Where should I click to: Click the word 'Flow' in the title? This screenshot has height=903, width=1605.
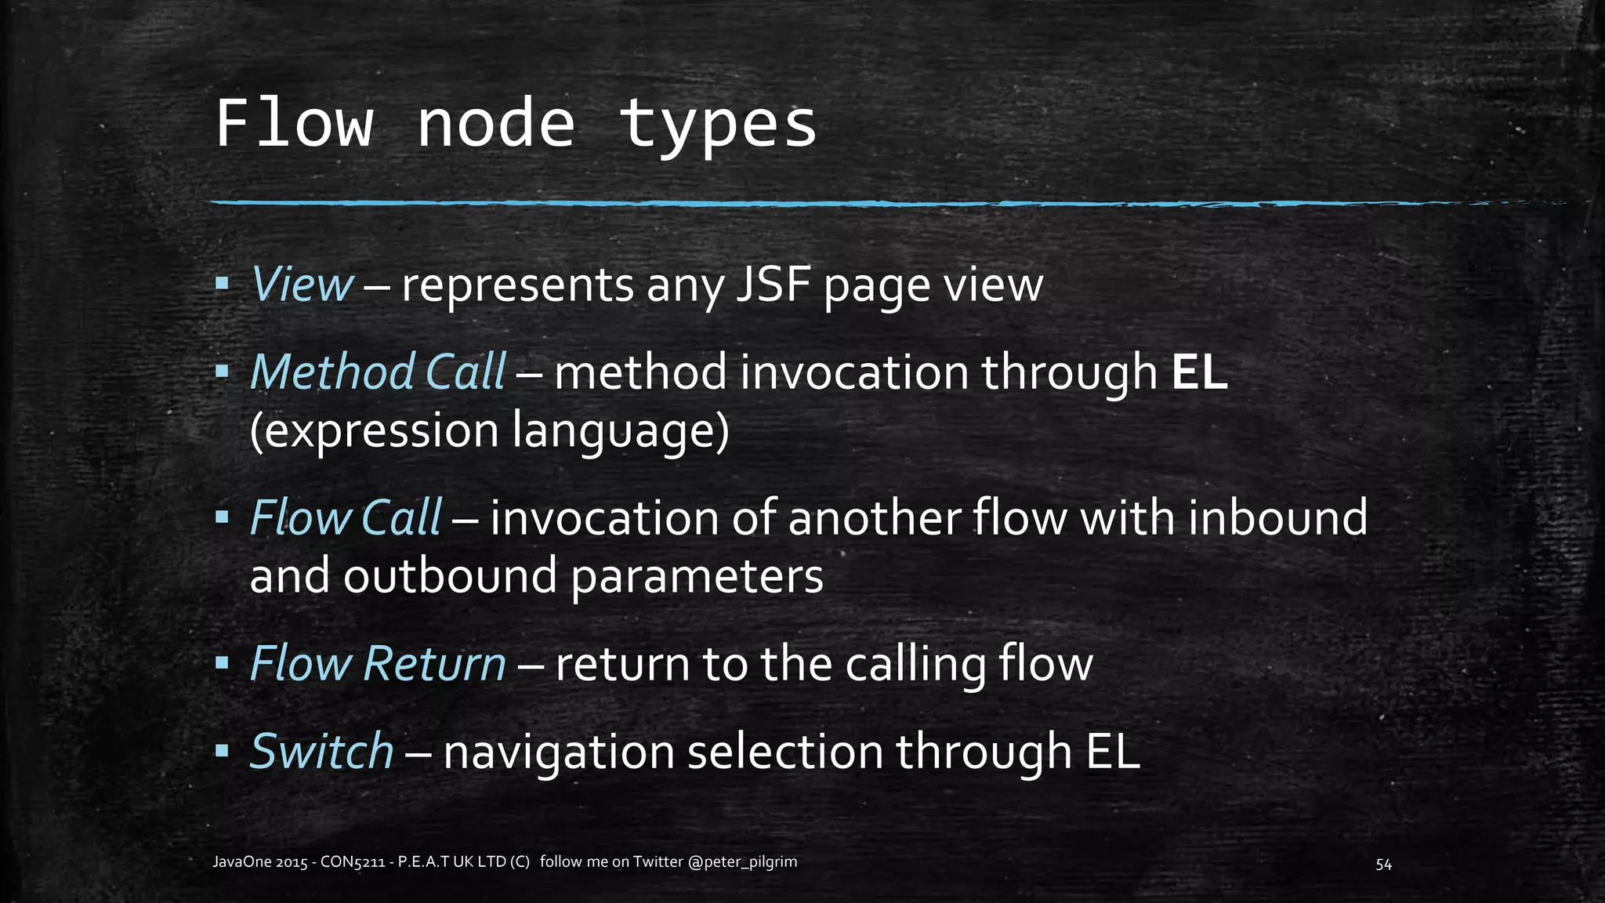pos(294,123)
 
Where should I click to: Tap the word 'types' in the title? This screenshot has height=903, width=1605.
pos(717,125)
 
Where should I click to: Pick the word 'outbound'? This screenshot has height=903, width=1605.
pos(450,576)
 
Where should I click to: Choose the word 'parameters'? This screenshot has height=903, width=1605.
pos(697,578)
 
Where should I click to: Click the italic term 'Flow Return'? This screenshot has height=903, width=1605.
pos(378,664)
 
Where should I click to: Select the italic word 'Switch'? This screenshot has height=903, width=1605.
pos(321,751)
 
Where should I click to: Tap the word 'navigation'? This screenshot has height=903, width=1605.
pos(559,752)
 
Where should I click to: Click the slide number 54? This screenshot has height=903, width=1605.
pos(1383,865)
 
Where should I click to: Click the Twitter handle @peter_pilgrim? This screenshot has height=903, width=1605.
pos(742,862)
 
